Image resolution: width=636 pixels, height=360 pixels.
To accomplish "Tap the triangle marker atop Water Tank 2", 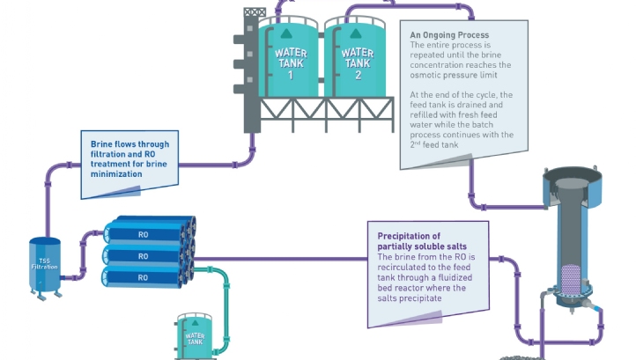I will pyautogui.click(x=357, y=34).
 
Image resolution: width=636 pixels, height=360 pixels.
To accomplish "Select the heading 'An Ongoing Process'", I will pyautogui.click(x=445, y=35).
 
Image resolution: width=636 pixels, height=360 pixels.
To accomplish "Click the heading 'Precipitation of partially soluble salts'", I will pyautogui.click(x=421, y=241).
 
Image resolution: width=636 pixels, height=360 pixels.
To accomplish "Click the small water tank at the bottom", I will pyautogui.click(x=194, y=336).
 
